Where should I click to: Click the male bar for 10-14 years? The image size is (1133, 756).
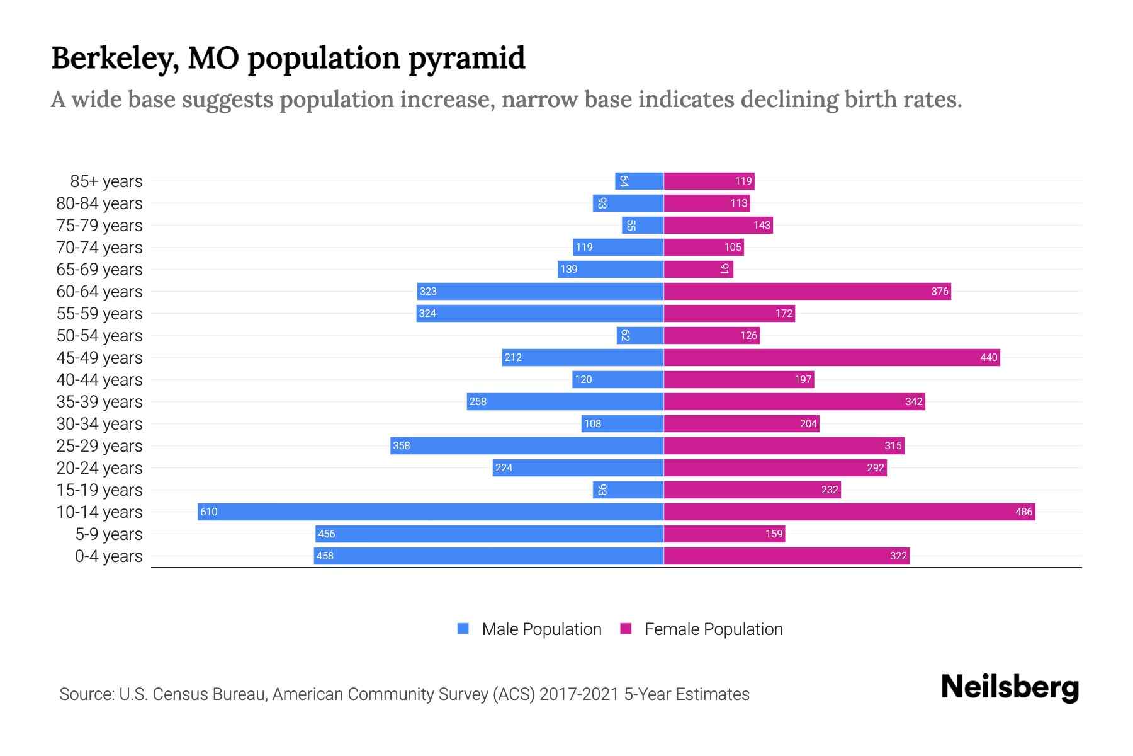[x=431, y=512]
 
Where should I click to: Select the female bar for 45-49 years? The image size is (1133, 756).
[x=831, y=357]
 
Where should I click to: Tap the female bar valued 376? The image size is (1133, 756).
[x=807, y=291]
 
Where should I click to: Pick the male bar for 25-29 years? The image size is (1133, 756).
[x=527, y=445]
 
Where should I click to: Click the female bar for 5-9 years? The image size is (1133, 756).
[x=724, y=534]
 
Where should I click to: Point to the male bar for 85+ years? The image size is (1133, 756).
[x=639, y=181]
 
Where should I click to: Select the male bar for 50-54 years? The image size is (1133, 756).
[x=640, y=335]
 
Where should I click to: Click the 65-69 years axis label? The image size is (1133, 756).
[x=99, y=270]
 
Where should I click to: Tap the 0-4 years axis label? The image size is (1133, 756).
[x=108, y=556]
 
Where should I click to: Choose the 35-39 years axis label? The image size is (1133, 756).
[x=99, y=402]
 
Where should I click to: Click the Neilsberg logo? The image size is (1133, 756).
[x=1010, y=687]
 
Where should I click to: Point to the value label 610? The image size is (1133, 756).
[x=209, y=512]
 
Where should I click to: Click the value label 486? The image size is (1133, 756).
[x=1023, y=512]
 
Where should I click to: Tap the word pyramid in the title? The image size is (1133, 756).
[x=466, y=59]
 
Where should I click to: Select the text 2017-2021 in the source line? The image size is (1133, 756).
[x=579, y=694]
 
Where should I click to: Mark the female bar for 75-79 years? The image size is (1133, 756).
[x=718, y=225]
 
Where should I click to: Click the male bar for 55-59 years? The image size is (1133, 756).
[x=539, y=313]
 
